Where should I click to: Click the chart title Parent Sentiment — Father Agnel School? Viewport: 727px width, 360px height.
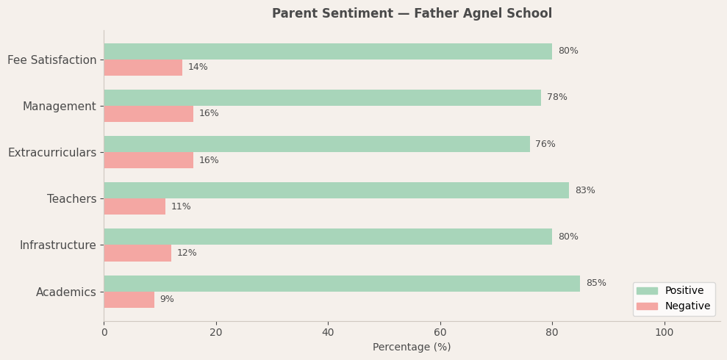click(412, 14)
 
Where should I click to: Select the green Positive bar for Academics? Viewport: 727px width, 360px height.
click(342, 284)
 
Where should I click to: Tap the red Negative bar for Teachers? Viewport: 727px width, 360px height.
click(135, 206)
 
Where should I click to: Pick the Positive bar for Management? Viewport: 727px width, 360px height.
click(322, 98)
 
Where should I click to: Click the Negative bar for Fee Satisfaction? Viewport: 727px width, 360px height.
click(143, 68)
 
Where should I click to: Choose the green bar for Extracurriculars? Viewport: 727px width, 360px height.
click(316, 144)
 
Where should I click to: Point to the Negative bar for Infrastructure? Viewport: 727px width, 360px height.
click(137, 253)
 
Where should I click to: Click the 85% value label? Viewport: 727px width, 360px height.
click(596, 284)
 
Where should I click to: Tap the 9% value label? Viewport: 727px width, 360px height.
click(167, 300)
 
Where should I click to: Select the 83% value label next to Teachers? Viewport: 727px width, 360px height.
click(585, 191)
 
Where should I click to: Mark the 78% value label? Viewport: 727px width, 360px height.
click(557, 98)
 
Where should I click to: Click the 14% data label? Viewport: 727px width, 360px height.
click(198, 68)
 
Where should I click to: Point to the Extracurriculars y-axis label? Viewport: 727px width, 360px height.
click(52, 153)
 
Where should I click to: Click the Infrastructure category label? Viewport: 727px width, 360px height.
click(58, 245)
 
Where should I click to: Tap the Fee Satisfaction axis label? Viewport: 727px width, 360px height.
click(52, 60)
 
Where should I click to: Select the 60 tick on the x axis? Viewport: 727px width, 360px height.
click(440, 332)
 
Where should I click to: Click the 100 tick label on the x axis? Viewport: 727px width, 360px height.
click(665, 332)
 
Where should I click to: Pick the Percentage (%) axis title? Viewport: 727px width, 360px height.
click(412, 348)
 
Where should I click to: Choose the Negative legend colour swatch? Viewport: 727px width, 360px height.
click(647, 306)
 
